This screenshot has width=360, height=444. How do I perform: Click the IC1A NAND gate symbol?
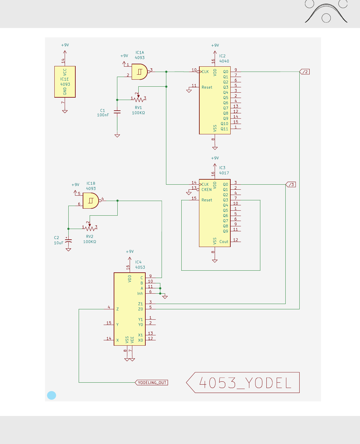(140, 72)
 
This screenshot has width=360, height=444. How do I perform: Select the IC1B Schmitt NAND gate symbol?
(91, 201)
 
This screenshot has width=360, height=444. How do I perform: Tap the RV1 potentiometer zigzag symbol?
(138, 99)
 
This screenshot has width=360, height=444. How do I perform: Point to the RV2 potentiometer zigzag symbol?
(90, 228)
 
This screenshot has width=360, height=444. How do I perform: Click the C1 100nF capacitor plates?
(117, 112)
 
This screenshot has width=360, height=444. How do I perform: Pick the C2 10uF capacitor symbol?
(68, 241)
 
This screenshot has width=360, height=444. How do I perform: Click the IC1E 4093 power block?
(65, 82)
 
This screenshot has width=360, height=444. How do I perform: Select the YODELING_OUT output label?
(152, 383)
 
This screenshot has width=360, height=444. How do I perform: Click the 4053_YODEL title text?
(245, 383)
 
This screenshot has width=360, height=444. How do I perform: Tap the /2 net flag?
(305, 72)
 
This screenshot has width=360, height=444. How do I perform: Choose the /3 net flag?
(291, 184)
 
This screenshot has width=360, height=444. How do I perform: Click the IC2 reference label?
(222, 56)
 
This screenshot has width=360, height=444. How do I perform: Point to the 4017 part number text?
(224, 173)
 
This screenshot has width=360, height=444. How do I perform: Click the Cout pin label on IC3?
(224, 242)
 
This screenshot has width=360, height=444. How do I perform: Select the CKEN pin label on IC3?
(206, 190)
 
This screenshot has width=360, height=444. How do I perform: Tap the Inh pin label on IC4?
(140, 294)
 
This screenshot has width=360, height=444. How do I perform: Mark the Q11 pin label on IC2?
(224, 129)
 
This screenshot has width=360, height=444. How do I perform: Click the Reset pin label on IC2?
(207, 87)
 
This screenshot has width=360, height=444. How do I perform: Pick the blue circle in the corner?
(52, 395)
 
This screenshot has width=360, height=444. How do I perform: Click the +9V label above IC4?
(130, 252)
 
